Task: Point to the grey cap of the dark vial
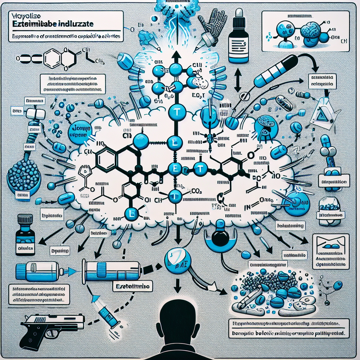(x=24, y=219)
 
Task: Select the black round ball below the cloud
(x=220, y=239)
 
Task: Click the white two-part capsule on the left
(x=36, y=112)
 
